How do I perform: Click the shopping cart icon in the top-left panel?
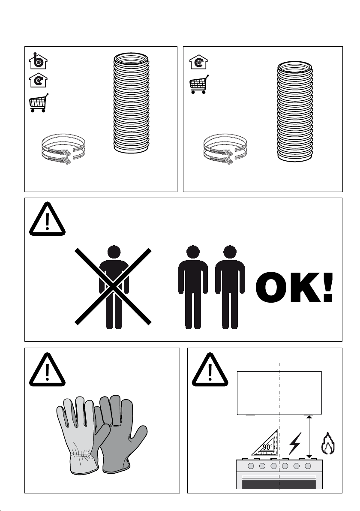pos(39,103)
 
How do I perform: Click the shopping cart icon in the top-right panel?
pos(199,84)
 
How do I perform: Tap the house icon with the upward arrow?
pos(38,60)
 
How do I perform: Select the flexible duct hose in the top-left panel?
pos(131,103)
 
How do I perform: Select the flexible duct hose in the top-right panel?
pos(295,111)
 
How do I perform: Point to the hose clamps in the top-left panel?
pos(63,149)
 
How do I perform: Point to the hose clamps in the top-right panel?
pos(225,149)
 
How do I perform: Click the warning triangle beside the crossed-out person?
pos(47,219)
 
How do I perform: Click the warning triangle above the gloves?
pos(47,370)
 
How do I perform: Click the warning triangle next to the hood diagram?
pos(210,370)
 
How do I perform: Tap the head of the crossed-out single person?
pos(114,252)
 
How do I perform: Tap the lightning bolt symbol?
pos(295,443)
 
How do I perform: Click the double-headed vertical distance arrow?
pos(309,437)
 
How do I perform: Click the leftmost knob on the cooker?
pos(251,466)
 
